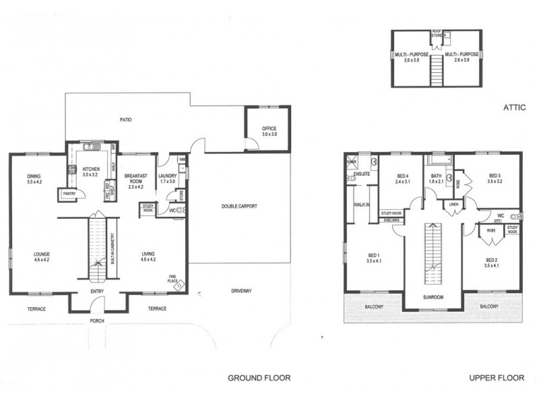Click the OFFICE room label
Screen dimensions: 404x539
tap(269, 129)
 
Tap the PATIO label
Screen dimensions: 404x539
tap(126, 120)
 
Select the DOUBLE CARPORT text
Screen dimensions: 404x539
tap(240, 207)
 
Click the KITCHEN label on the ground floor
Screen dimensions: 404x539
tap(91, 169)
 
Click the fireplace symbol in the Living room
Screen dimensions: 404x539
tap(178, 284)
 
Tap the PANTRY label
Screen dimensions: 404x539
tap(68, 193)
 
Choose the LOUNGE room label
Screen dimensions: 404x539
tap(42, 255)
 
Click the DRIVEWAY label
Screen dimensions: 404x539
tap(241, 291)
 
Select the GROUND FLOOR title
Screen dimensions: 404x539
tap(259, 378)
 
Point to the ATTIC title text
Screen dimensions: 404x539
tap(513, 107)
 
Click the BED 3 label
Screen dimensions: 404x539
tap(495, 177)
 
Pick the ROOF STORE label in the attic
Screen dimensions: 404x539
tap(437, 32)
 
